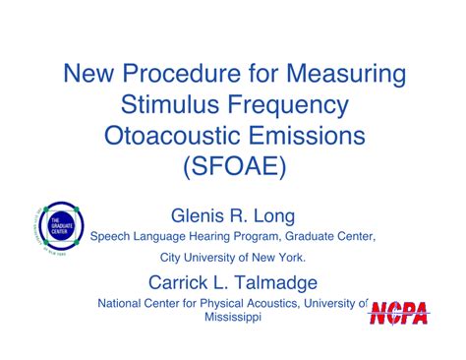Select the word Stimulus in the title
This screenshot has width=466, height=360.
click(166, 103)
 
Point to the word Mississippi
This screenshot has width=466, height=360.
click(233, 320)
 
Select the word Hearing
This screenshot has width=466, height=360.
click(210, 237)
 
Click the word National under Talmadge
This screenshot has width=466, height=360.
click(123, 304)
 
